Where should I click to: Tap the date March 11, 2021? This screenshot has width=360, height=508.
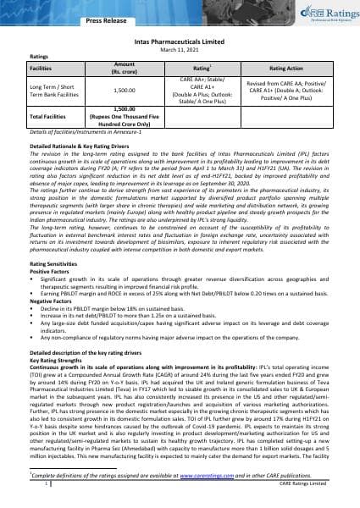click(179, 47)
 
